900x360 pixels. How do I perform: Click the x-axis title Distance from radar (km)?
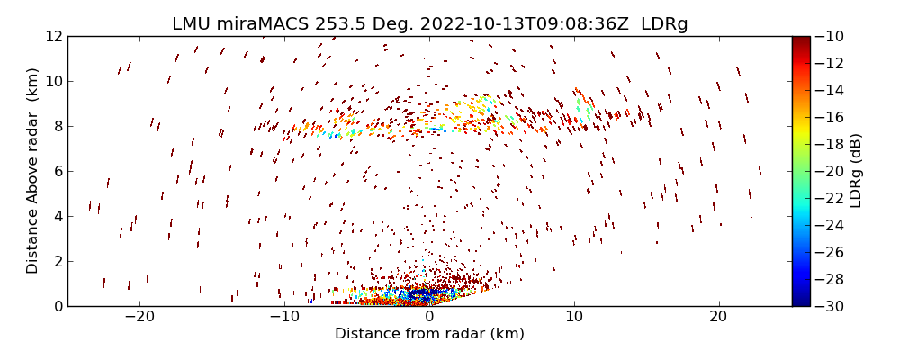(x=429, y=334)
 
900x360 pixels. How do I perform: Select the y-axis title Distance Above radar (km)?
(x=33, y=170)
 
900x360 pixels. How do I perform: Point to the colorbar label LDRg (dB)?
(x=855, y=170)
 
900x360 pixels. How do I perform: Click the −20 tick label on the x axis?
(x=139, y=317)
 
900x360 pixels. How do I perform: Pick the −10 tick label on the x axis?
(x=284, y=317)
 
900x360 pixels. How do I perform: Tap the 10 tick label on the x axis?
(x=574, y=317)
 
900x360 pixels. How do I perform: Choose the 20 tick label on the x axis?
(x=718, y=317)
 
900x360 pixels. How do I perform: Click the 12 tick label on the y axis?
(x=52, y=36)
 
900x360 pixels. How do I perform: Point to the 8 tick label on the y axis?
(x=56, y=126)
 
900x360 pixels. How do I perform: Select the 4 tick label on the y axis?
(x=56, y=216)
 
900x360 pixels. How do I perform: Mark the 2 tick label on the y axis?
(x=56, y=261)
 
